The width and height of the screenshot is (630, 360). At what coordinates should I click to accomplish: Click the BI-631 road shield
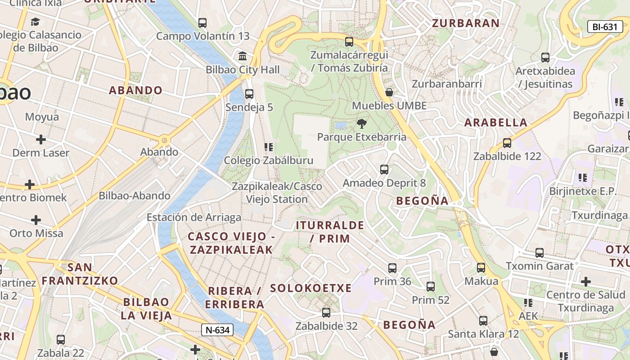[605, 27]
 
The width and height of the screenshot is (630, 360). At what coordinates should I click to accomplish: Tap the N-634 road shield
[217, 330]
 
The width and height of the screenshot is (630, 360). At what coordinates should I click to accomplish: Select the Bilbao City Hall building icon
[243, 56]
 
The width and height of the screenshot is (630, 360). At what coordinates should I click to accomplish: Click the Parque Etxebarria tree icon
[361, 124]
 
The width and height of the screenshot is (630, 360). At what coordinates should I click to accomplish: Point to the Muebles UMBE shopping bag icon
[389, 93]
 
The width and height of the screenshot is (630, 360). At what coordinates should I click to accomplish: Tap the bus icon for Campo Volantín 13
[202, 22]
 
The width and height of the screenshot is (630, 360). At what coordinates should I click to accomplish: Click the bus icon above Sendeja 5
[249, 94]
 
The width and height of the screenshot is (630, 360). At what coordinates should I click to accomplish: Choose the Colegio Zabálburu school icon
[269, 147]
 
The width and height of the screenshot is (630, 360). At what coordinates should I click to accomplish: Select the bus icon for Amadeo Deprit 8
[384, 170]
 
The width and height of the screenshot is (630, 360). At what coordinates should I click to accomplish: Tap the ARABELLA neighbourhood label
[496, 122]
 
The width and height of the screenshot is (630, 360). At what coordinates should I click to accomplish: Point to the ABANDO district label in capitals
[135, 90]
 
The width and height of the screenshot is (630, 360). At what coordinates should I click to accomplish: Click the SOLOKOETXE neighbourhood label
[311, 288]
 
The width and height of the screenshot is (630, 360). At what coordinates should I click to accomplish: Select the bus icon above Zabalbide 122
[507, 143]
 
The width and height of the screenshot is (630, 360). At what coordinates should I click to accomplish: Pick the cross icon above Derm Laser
[41, 139]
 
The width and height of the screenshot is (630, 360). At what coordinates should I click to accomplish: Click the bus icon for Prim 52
[431, 287]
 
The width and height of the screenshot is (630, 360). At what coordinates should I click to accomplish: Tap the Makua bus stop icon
[481, 268]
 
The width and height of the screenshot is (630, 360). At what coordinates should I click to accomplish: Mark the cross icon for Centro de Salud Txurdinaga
[585, 282]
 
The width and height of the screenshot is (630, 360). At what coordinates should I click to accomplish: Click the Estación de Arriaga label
[194, 218]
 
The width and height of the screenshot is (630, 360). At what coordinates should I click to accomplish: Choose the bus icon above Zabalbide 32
[326, 313]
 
